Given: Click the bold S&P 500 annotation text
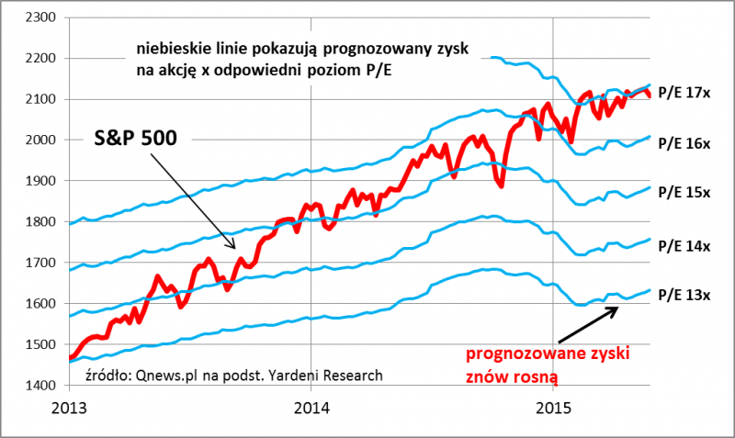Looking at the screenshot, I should pos(137,138).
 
